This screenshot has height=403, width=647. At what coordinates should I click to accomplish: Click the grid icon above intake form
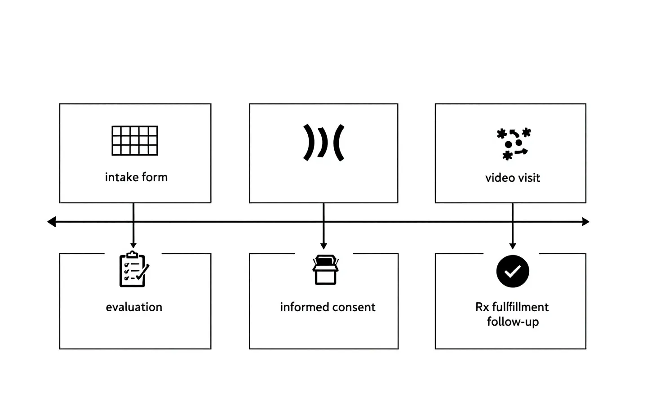click(135, 140)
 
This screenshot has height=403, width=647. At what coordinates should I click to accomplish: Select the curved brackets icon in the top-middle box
click(324, 143)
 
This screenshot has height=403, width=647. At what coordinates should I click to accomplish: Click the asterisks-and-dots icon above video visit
click(514, 143)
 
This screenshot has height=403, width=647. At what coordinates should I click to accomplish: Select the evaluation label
click(134, 307)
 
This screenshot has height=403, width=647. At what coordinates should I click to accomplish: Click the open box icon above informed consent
click(325, 269)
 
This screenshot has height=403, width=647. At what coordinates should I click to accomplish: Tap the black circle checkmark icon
click(513, 271)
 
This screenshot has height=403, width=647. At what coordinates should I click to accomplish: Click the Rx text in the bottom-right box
click(482, 307)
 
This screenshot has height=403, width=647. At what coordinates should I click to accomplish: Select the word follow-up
click(513, 322)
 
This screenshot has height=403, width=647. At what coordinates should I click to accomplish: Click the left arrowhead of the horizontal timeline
click(51, 222)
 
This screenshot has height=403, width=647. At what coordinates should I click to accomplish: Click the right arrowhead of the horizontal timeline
click(585, 222)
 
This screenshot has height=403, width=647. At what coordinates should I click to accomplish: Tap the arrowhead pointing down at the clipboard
click(133, 246)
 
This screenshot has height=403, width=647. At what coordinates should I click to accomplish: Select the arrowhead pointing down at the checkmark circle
click(513, 246)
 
